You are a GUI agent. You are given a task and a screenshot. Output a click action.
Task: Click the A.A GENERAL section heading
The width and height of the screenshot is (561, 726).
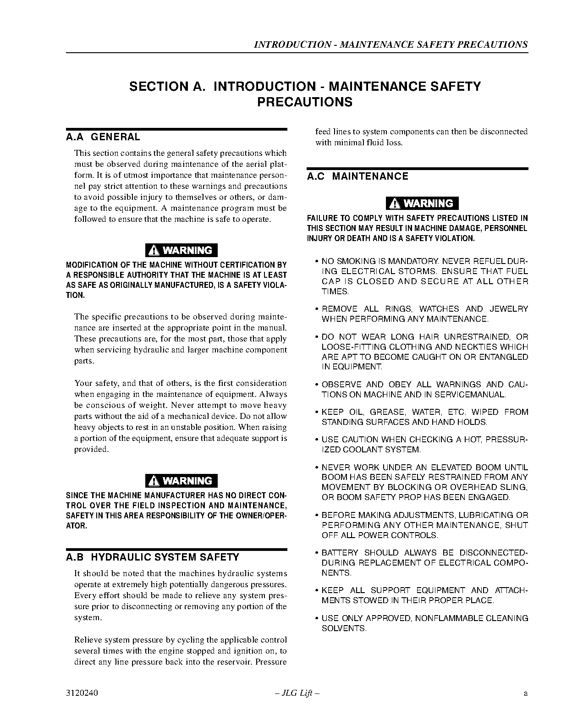click(103, 137)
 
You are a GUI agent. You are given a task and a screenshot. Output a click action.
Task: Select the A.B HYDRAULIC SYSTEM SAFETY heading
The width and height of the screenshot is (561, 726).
click(153, 557)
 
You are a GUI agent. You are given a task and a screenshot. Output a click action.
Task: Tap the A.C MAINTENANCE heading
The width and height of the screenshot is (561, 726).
click(357, 176)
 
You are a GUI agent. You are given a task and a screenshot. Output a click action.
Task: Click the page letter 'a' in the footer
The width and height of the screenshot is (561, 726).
click(526, 693)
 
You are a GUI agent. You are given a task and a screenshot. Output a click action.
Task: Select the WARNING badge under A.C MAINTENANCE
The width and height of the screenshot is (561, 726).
click(422, 203)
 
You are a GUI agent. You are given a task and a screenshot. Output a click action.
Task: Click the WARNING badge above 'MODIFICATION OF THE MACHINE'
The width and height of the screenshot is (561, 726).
click(181, 250)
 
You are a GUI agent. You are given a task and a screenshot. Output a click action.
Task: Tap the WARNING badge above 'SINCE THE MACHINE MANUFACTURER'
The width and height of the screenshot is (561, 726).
click(181, 481)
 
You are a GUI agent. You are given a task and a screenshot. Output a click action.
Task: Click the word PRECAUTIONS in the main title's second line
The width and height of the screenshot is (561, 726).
click(305, 102)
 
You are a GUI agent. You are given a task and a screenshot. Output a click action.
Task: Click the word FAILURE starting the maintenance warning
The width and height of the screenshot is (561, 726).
click(323, 218)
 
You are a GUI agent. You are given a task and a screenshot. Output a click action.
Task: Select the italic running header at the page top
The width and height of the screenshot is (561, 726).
click(390, 44)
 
